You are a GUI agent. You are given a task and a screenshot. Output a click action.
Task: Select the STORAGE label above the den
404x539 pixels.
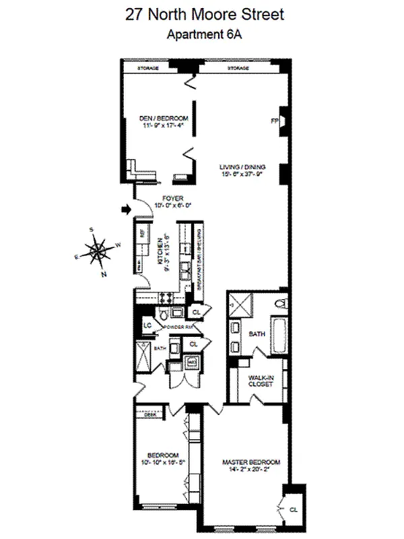click(x=149, y=69)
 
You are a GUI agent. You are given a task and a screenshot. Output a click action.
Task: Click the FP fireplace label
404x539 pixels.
click(x=274, y=121)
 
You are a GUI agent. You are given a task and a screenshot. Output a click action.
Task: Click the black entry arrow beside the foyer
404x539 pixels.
click(x=124, y=211)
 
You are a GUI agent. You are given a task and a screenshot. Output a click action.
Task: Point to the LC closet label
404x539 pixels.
click(x=147, y=325)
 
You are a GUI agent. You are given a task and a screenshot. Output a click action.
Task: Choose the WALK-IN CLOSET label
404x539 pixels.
click(x=259, y=382)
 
